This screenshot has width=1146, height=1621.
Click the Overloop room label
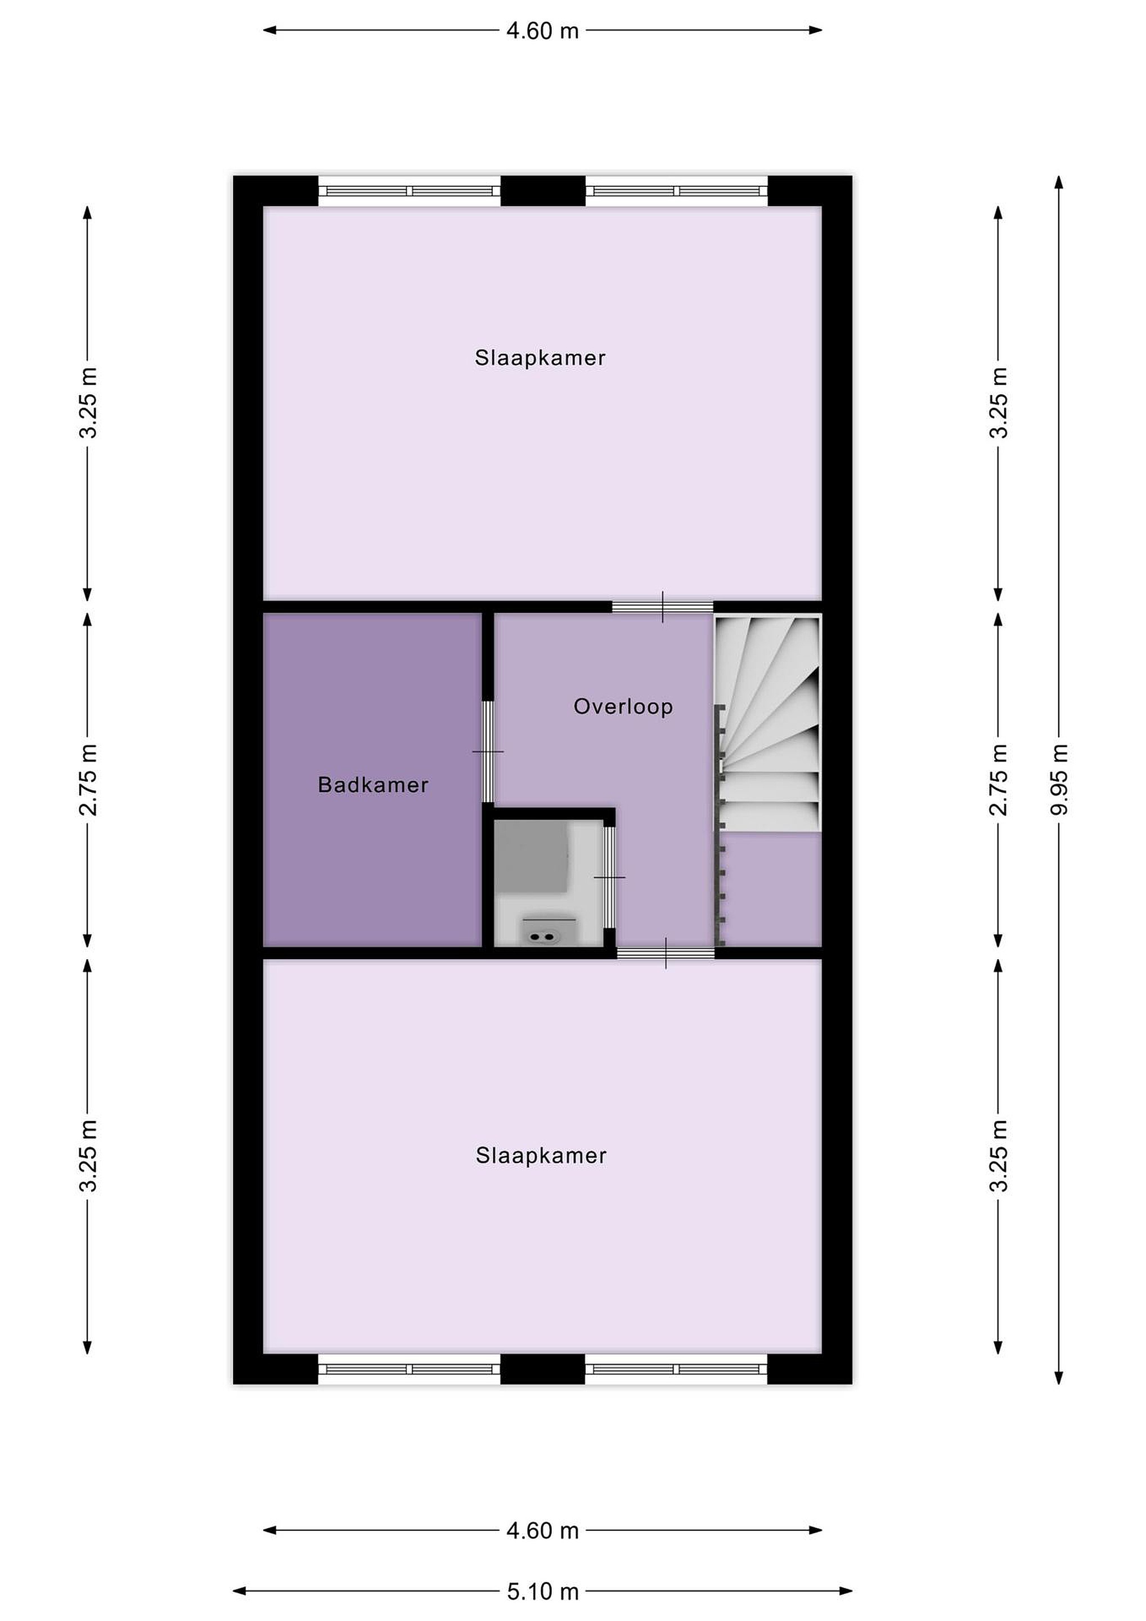coord(623,707)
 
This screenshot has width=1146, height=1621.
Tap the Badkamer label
coord(374,785)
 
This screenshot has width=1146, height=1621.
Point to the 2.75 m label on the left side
coord(88,780)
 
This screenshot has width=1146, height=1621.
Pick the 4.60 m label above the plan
coord(543,31)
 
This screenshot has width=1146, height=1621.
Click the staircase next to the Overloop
coord(769,724)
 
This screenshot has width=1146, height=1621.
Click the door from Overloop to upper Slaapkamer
coord(663,606)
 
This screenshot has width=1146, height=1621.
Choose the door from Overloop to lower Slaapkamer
coord(666,953)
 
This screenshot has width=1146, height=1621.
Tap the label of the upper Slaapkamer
coord(541,358)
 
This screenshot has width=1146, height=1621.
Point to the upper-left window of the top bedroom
coord(410,191)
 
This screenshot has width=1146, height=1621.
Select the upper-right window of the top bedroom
coord(677,191)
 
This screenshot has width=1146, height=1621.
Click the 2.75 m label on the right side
coord(999,780)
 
